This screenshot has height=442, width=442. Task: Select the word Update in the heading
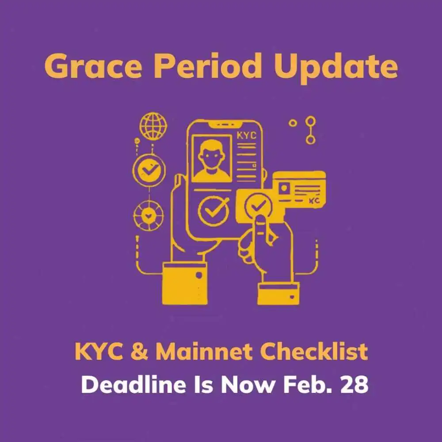336,68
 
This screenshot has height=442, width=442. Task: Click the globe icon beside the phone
153,126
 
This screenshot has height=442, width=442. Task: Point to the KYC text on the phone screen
246,136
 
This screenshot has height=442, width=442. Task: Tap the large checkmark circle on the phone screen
213,210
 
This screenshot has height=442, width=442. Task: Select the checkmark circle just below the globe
149,170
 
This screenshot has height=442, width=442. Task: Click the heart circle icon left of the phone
148,216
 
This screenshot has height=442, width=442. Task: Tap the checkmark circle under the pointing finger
258,206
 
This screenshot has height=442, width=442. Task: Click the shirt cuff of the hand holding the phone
185,283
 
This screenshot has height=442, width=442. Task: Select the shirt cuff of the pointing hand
278,294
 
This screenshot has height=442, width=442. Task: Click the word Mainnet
204,351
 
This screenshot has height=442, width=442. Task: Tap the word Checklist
314,351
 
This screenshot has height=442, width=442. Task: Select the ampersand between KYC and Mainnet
139,351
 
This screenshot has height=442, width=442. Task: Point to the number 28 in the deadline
354,385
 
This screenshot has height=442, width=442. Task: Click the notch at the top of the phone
225,124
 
